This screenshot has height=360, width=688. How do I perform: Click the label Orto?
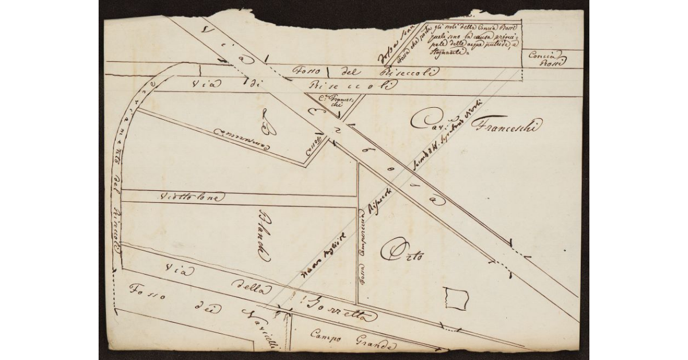(x=405, y=252)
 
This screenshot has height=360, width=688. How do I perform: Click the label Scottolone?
(x=190, y=197)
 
